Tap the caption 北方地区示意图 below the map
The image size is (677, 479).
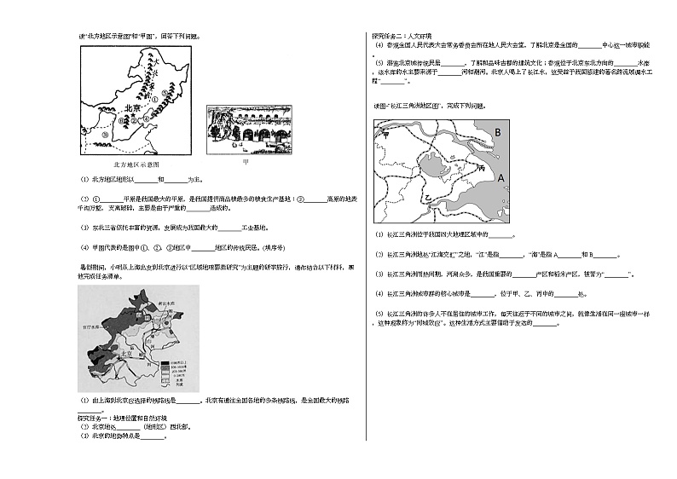(x=136, y=164)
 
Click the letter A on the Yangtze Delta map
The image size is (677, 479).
(x=501, y=176)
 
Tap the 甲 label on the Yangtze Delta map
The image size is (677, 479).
(x=385, y=134)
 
